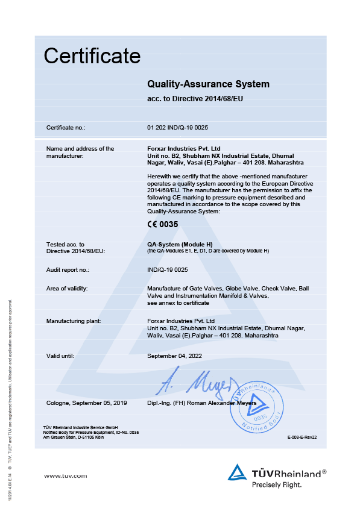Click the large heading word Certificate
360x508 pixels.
(92, 56)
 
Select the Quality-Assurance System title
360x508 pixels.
(208, 84)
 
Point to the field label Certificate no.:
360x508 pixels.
(66, 128)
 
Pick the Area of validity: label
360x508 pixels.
(67, 289)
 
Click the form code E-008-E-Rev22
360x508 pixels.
(302, 439)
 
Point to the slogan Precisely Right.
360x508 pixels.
(277, 484)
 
